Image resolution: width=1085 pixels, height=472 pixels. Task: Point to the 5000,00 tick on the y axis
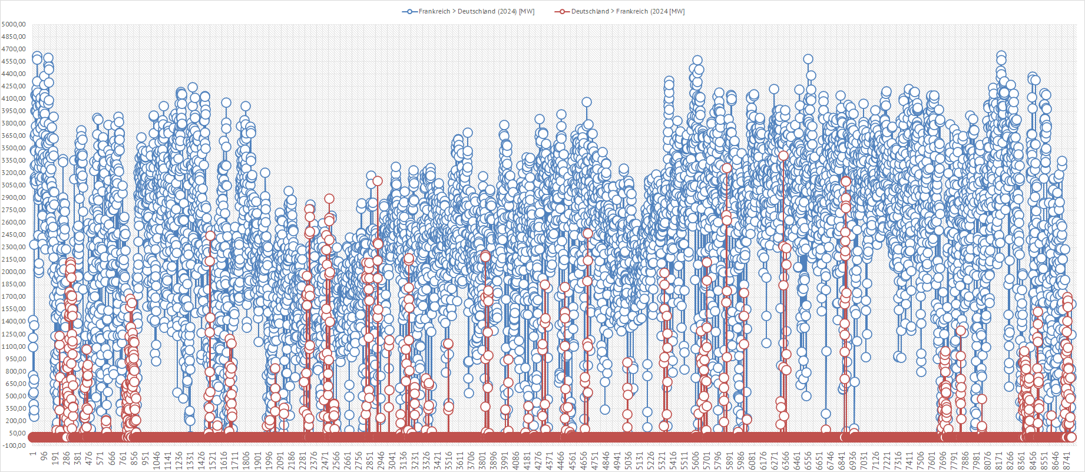click(14, 24)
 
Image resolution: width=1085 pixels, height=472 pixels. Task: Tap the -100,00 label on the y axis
click(14, 445)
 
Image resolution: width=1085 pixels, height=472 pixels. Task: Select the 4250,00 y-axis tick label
click(14, 86)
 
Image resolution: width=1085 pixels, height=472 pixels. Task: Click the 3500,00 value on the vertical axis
click(14, 148)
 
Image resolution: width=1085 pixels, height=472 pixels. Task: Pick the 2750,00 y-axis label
click(14, 210)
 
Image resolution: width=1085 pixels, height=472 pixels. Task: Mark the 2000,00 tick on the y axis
click(14, 272)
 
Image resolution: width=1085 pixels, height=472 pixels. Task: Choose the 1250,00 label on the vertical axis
click(14, 334)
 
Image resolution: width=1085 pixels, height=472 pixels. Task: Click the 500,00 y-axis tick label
click(14, 396)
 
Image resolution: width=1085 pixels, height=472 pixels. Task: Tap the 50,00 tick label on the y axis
click(15, 433)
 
